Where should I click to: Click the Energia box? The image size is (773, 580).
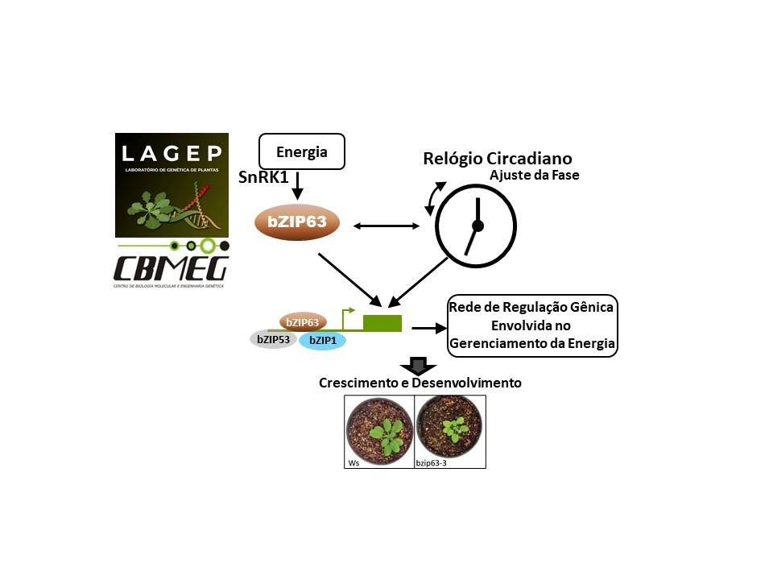click(x=301, y=151)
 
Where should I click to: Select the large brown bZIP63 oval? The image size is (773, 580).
click(x=296, y=223)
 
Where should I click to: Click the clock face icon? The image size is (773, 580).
click(x=477, y=226)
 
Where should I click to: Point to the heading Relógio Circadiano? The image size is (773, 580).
click(x=497, y=158)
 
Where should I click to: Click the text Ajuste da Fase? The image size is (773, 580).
click(x=535, y=175)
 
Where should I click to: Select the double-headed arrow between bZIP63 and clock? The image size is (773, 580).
click(x=387, y=226)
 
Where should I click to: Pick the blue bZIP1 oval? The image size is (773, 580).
click(x=323, y=341)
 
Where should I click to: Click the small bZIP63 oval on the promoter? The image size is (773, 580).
click(x=302, y=322)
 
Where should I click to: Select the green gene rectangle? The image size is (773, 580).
click(x=382, y=323)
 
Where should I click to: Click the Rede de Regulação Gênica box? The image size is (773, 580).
click(x=532, y=326)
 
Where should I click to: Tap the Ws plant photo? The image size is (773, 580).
click(x=378, y=431)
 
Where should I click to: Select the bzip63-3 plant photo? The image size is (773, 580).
click(x=449, y=431)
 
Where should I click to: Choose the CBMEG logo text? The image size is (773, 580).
click(x=172, y=267)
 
